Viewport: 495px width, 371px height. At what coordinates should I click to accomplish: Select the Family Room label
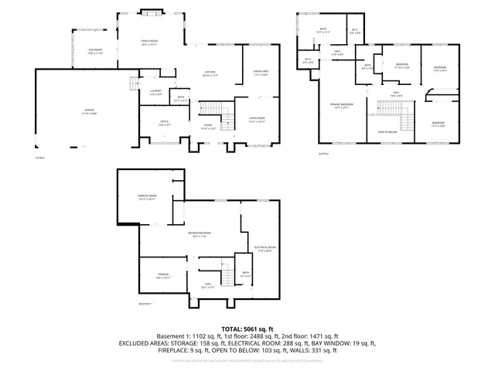pyautogui.click(x=149, y=43)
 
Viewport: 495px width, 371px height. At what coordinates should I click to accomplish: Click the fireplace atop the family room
pyautogui.click(x=151, y=13)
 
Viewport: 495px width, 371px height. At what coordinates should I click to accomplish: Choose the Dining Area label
pyautogui.click(x=260, y=73)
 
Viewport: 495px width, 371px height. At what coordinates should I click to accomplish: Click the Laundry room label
pyautogui.click(x=155, y=93)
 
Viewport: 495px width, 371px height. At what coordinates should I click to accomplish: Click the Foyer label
pyautogui.click(x=207, y=126)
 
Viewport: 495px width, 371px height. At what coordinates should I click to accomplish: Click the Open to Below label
pyautogui.click(x=388, y=131)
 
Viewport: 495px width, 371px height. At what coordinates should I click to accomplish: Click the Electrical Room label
pyautogui.click(x=265, y=249)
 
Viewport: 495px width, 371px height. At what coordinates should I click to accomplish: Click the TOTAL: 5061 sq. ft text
pyautogui.click(x=247, y=328)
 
